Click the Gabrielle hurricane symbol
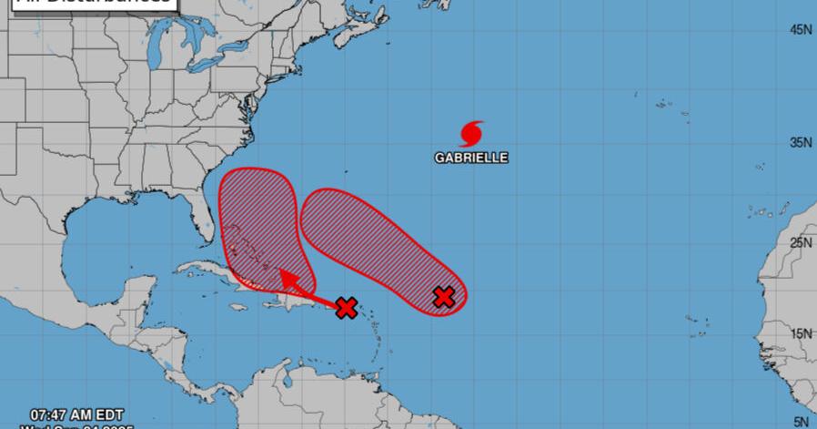pyautogui.click(x=471, y=134)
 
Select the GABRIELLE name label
pyautogui.click(x=471, y=158)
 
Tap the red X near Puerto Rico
pyautogui.click(x=346, y=308)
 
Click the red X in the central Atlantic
pyautogui.click(x=444, y=297)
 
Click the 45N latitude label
pyautogui.click(x=801, y=30)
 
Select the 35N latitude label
pyautogui.click(x=801, y=143)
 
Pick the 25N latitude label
pyautogui.click(x=801, y=242)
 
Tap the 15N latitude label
pyautogui.click(x=801, y=333)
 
